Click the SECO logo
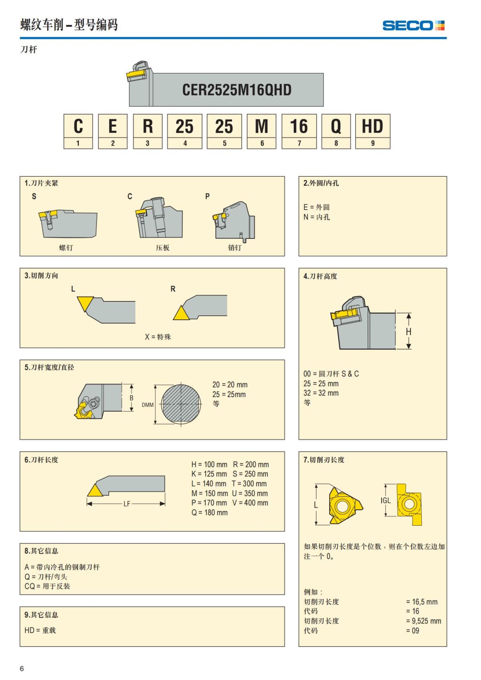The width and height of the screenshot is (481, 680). (413, 26)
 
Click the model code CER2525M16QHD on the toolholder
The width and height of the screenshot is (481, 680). (236, 90)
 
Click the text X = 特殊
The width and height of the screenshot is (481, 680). (158, 337)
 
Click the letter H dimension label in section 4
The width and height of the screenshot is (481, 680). (408, 332)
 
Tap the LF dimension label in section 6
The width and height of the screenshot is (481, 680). (127, 504)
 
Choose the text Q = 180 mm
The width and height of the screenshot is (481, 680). (209, 513)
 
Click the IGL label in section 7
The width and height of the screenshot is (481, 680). (385, 500)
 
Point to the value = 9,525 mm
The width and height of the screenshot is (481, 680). (423, 621)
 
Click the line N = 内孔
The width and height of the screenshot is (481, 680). (317, 217)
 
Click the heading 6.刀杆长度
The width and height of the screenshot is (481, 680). (41, 460)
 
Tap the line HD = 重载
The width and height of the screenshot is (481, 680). (40, 630)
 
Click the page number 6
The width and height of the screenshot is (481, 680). (22, 668)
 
